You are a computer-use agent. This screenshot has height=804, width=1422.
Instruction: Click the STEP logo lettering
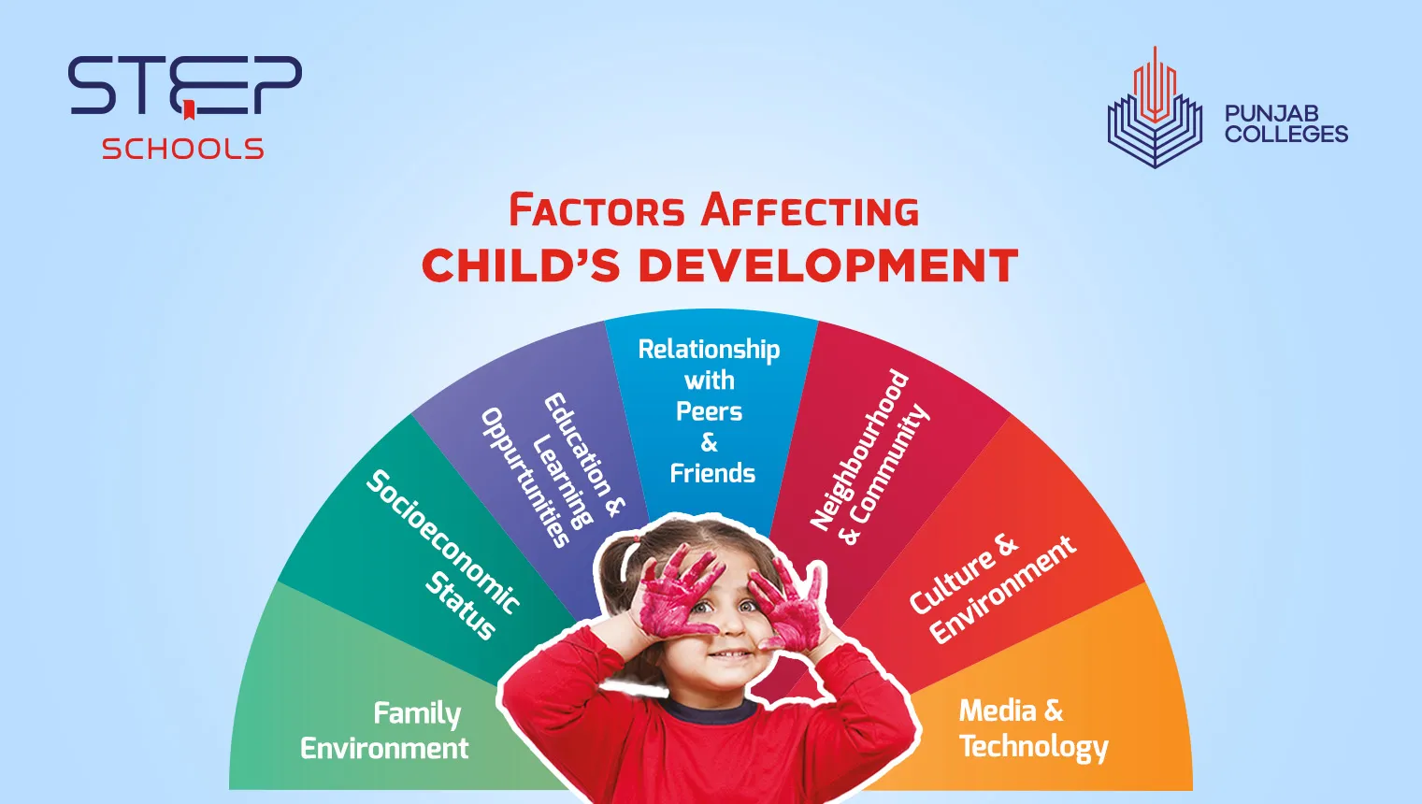click(x=184, y=85)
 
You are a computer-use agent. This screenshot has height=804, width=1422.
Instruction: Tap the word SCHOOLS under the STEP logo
click(x=183, y=149)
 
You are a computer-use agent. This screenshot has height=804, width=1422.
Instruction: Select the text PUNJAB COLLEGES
click(x=1286, y=124)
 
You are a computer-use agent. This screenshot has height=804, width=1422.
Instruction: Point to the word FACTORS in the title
click(x=596, y=210)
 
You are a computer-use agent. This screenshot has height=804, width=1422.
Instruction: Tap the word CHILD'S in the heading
click(x=521, y=266)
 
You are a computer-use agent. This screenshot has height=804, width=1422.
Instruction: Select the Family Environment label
click(x=385, y=730)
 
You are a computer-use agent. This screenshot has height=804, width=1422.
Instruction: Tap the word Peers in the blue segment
click(x=709, y=411)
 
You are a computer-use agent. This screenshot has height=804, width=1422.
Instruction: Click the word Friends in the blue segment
click(x=712, y=473)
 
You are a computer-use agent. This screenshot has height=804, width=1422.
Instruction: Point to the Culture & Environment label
click(x=991, y=589)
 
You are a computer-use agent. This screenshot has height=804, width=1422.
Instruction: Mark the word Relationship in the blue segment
click(x=709, y=350)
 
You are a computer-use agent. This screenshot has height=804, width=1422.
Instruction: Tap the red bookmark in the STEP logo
click(x=188, y=111)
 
